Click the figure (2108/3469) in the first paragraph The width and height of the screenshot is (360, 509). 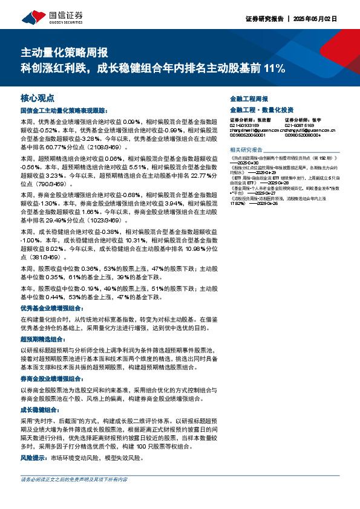point(110,147)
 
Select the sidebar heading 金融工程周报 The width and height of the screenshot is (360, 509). point(249,98)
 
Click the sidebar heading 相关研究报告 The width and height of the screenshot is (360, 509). point(247,149)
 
